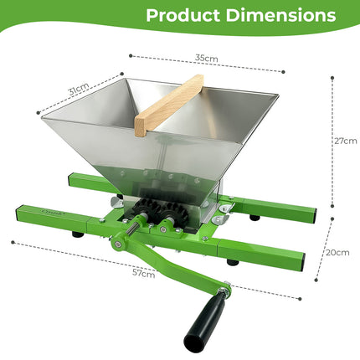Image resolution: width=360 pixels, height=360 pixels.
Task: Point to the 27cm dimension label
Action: pyautogui.click(x=345, y=141)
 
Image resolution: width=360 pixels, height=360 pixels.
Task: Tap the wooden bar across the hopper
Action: pyautogui.click(x=168, y=105)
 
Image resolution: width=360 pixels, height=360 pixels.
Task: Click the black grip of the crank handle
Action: pyautogui.click(x=206, y=321)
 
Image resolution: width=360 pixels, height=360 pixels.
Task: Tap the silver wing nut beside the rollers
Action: pyautogui.click(x=219, y=220)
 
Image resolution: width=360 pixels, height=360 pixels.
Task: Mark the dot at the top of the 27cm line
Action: pyautogui.click(x=332, y=78)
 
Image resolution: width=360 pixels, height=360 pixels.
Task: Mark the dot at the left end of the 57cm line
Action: pyautogui.click(x=13, y=244)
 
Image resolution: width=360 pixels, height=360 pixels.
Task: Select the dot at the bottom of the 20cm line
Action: pyautogui.click(x=316, y=283)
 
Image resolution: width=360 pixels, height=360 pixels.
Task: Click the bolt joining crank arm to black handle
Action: pyautogui.click(x=224, y=289)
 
